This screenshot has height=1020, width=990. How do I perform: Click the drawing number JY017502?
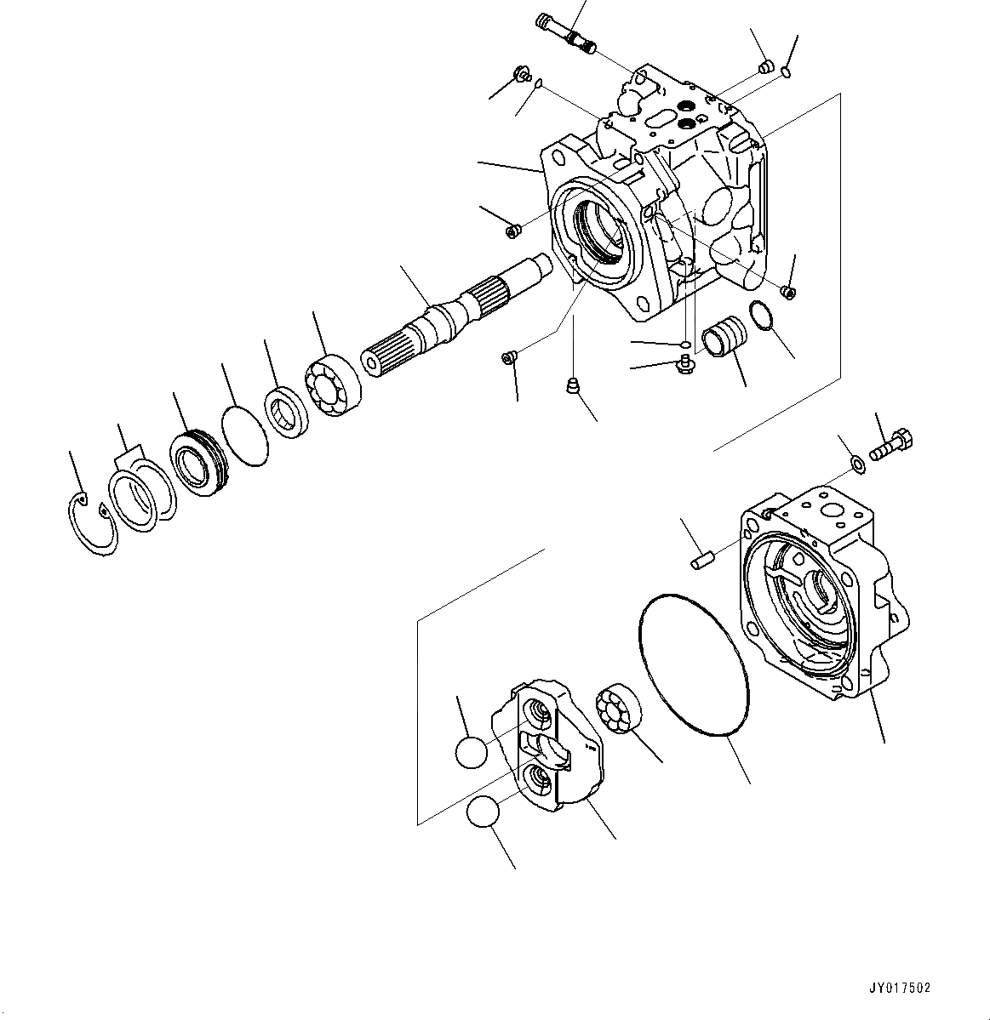900,989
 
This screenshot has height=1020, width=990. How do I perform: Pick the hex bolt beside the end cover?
891,445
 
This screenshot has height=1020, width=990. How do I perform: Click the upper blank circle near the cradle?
472,752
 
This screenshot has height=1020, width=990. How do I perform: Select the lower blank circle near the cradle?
484,812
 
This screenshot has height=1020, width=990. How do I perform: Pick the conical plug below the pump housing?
575,387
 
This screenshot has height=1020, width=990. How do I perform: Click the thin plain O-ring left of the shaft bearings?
245,436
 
